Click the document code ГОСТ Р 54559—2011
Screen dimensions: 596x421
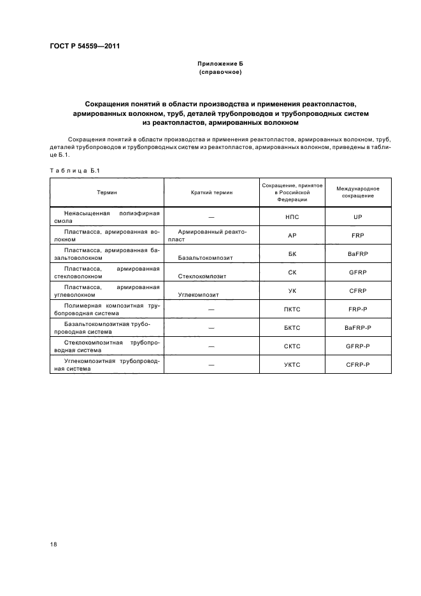point(85,46)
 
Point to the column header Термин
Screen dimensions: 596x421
point(107,192)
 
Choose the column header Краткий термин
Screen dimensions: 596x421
point(211,192)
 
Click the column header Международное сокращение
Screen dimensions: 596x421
point(357,192)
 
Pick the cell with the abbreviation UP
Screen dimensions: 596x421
point(357,217)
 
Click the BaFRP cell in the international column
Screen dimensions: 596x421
point(357,254)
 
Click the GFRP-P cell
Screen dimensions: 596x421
point(357,346)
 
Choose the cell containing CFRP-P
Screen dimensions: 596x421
point(357,365)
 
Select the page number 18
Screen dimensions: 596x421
point(54,544)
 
